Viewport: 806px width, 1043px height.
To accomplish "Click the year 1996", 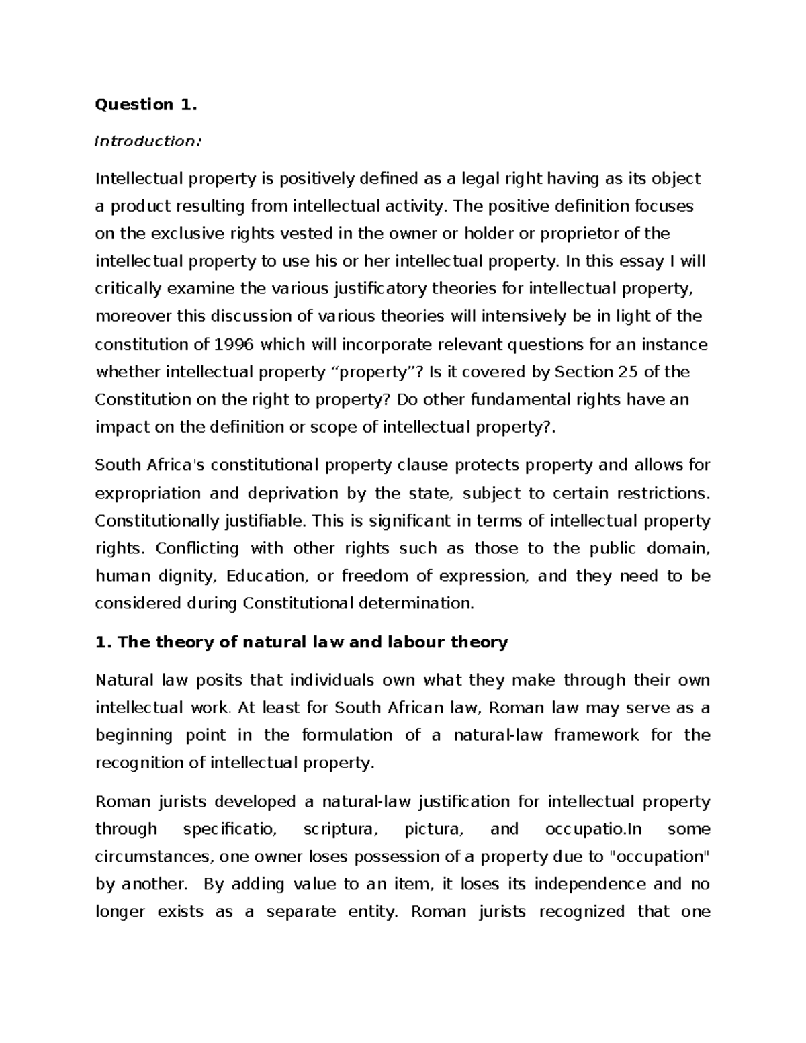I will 234,345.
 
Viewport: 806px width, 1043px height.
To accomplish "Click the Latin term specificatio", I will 229,829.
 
